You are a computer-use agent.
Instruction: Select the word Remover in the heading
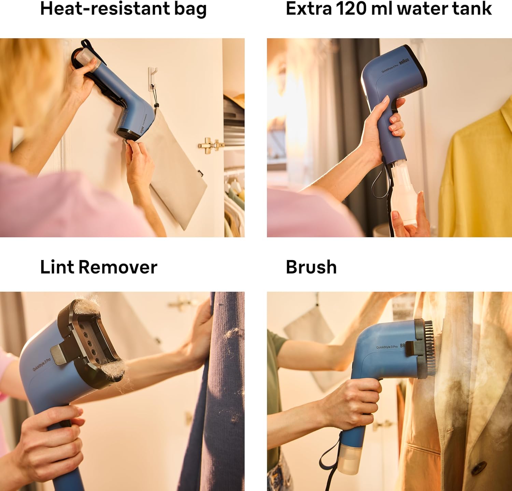(x=118, y=267)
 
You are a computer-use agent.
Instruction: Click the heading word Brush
(x=311, y=267)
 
